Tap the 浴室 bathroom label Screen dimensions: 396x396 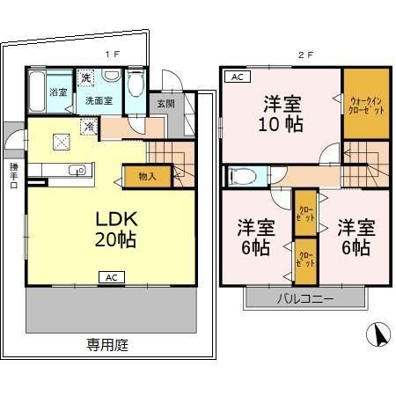tap(58, 92)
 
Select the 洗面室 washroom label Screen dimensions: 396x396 tap(99, 100)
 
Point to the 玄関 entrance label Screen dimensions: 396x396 tap(165, 103)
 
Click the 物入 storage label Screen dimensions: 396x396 tap(147, 176)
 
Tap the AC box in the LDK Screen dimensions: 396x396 tap(112, 278)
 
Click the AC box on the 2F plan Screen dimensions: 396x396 tap(237, 77)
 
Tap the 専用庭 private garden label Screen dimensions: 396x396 tap(107, 345)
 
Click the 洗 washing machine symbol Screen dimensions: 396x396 tap(86, 78)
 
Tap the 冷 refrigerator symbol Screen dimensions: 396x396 tap(89, 126)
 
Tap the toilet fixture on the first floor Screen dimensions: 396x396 tap(134, 86)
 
